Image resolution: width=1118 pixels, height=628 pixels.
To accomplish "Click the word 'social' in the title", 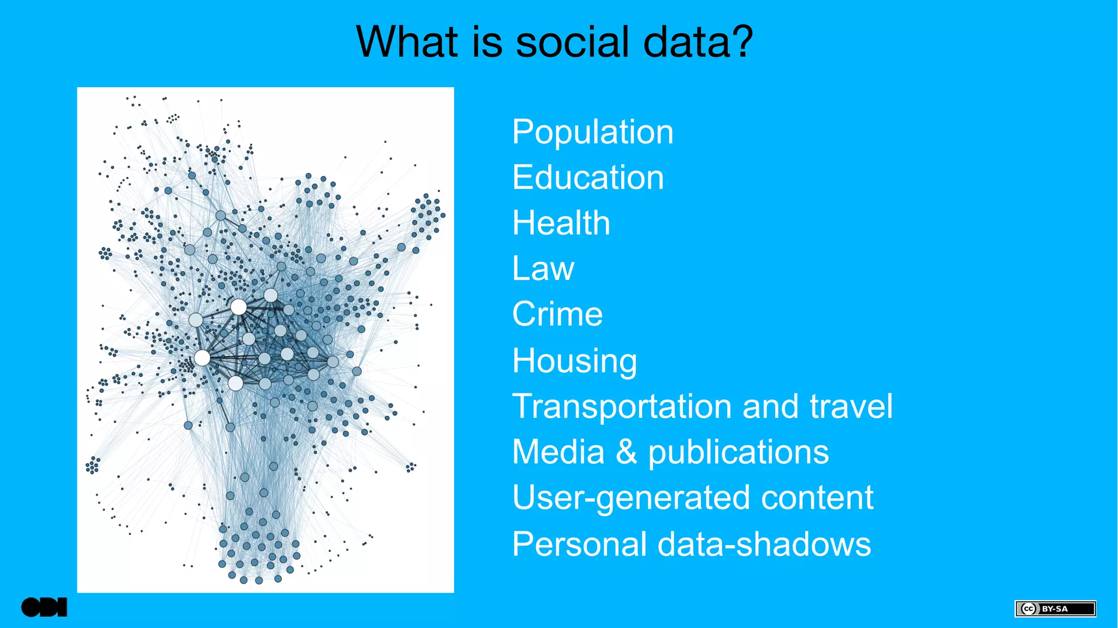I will (572, 42).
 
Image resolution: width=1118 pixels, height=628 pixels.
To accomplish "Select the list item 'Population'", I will (592, 133).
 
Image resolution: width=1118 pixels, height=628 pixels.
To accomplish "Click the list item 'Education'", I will (587, 178).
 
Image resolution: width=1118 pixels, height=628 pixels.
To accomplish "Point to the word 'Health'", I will (561, 223).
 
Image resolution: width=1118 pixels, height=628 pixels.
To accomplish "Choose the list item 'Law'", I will (543, 269).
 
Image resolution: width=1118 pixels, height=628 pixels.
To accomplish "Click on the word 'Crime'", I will (557, 314).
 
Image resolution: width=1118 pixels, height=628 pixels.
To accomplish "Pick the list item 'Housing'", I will (574, 361).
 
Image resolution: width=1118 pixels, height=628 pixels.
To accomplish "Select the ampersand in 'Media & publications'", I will (626, 452).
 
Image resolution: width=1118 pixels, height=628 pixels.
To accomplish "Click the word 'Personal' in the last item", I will (580, 545).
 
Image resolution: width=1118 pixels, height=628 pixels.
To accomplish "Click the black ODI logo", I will (44, 607).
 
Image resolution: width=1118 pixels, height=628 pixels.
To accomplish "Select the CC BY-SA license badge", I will (1055, 608).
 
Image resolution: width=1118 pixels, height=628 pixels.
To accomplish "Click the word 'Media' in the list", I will (558, 452).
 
